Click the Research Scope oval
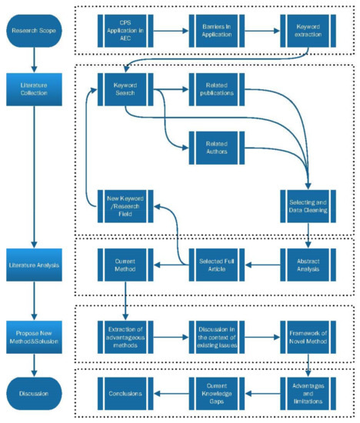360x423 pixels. [34, 31]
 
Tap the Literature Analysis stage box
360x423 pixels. [34, 265]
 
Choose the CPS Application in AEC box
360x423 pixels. [125, 31]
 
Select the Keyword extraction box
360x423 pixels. [308, 31]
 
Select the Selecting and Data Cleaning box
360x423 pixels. [308, 204]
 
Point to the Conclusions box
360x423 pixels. [125, 394]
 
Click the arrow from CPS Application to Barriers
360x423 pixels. [170, 31]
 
